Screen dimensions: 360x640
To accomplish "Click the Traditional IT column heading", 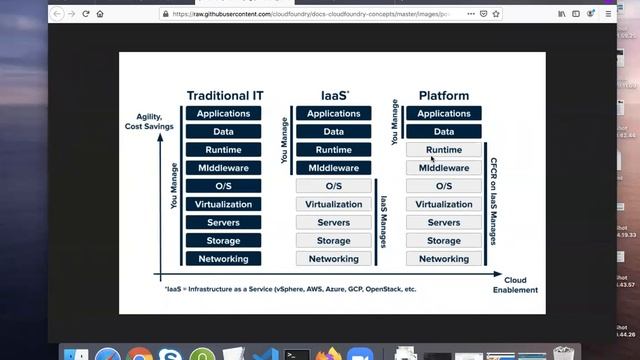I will pyautogui.click(x=223, y=96).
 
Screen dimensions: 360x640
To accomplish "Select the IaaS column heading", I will pyautogui.click(x=334, y=96).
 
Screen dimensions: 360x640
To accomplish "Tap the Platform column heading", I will pyautogui.click(x=444, y=96).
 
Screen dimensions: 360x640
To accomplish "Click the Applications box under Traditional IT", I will pyautogui.click(x=223, y=114).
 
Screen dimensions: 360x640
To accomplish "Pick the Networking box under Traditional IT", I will pyautogui.click(x=223, y=259).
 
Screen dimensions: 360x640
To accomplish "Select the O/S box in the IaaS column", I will pyautogui.click(x=334, y=186).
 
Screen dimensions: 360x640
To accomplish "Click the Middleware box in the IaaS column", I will pyautogui.click(x=334, y=168).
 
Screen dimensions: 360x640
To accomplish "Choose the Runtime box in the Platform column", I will pyautogui.click(x=444, y=150).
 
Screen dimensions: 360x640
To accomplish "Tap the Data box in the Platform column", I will pyautogui.click(x=444, y=132).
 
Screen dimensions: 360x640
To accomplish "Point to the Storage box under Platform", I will pyautogui.click(x=444, y=241).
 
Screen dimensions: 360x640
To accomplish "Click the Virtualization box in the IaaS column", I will pyautogui.click(x=334, y=204).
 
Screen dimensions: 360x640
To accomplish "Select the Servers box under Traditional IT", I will pyautogui.click(x=223, y=222).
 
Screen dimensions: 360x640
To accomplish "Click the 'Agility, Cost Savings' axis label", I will pyautogui.click(x=148, y=122).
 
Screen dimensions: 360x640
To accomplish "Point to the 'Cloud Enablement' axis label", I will pyautogui.click(x=515, y=285).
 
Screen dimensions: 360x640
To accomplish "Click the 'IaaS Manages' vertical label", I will pyautogui.click(x=383, y=222).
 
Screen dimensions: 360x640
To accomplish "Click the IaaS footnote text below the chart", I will pyautogui.click(x=290, y=289).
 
